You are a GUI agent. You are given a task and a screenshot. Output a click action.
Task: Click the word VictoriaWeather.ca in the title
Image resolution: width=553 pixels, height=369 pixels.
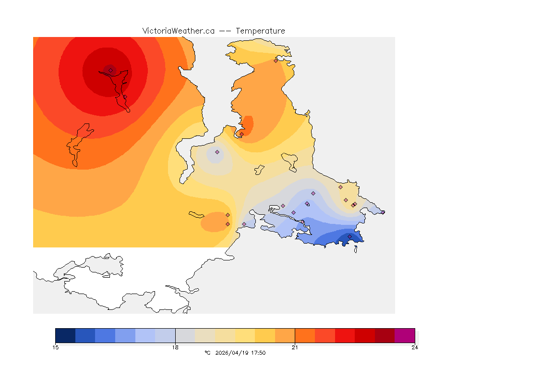(x=178, y=31)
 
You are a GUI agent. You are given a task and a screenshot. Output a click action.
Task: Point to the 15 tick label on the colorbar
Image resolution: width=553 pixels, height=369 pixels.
(x=56, y=347)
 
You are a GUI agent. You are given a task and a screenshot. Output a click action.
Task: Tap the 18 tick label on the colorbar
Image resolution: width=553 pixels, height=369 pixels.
(x=175, y=347)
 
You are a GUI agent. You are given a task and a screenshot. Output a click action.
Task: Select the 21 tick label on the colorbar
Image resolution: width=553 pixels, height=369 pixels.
(x=295, y=347)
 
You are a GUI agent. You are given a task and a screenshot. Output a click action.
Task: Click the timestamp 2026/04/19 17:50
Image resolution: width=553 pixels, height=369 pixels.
(x=239, y=353)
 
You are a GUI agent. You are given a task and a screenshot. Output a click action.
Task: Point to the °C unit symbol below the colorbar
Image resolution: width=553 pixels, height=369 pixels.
(x=207, y=353)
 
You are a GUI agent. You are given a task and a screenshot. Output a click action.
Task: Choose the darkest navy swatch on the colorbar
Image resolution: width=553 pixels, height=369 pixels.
(x=65, y=335)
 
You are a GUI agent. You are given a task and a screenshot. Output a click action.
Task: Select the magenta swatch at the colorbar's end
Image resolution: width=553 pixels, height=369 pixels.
(x=405, y=335)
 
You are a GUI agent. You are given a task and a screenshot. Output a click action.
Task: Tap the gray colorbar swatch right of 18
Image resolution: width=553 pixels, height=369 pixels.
(x=185, y=335)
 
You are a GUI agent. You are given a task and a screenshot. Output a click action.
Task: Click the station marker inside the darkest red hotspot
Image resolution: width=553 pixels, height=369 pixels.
(x=110, y=71)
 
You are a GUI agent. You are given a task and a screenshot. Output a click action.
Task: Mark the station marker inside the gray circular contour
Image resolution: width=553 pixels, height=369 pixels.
(x=217, y=152)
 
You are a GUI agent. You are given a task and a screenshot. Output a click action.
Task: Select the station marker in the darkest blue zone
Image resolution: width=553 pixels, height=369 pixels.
(x=349, y=236)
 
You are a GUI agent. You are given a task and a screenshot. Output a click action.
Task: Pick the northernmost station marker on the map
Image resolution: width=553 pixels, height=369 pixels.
(x=276, y=61)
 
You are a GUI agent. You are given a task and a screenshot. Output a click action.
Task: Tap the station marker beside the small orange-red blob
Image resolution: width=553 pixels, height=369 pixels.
(x=241, y=134)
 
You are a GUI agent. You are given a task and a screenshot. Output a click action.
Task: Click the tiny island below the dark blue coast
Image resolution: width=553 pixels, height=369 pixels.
(x=355, y=248)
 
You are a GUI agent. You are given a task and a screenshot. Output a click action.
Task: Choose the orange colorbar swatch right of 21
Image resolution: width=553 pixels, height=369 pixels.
(x=305, y=335)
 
